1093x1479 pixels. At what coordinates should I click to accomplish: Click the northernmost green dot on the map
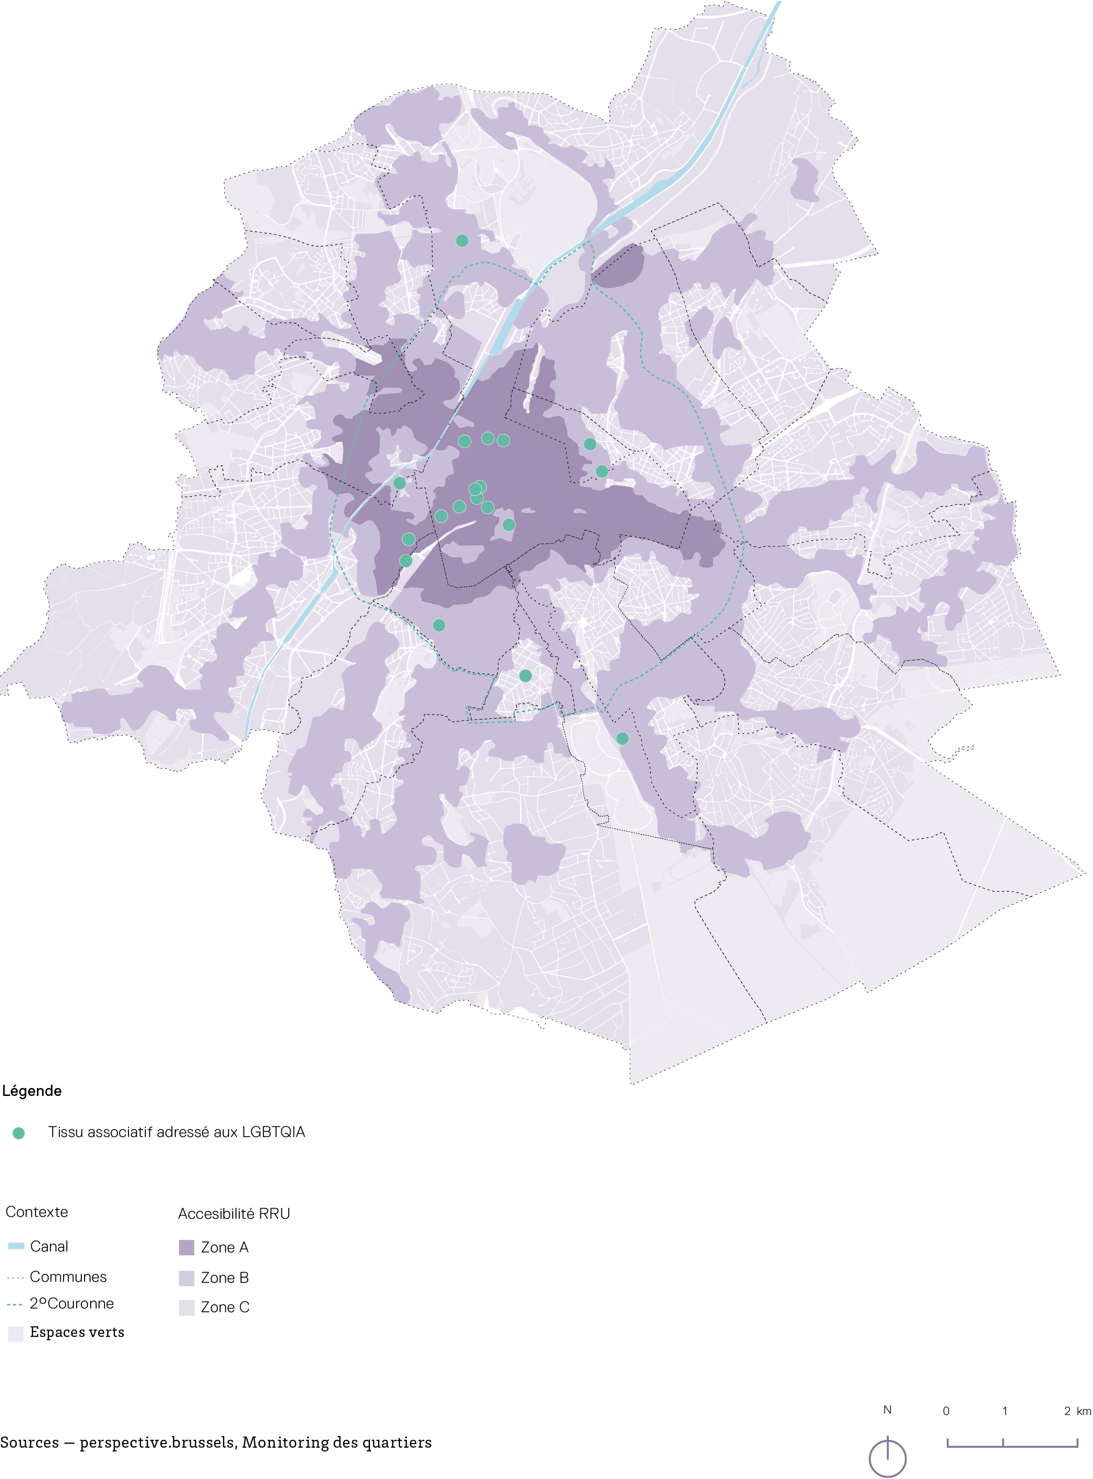coord(462,241)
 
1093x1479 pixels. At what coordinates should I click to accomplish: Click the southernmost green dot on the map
coord(622,738)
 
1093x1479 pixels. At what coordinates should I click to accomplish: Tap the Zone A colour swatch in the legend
coord(186,1247)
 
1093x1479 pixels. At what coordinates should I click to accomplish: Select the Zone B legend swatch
coord(186,1278)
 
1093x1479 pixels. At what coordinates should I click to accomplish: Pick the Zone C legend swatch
coord(186,1308)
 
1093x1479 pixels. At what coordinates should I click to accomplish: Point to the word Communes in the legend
coord(68,1277)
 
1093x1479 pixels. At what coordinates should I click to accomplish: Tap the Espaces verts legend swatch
coord(16,1333)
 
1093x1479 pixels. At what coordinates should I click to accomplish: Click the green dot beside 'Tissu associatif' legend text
coord(19,1133)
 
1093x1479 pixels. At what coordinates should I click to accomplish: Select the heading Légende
coord(32,1091)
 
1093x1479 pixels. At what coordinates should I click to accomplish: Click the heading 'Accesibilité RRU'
coord(234,1214)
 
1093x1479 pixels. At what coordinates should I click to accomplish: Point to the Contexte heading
coord(36,1212)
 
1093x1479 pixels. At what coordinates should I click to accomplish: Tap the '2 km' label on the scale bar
coord(1077,1411)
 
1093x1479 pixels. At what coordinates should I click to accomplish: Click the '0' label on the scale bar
coord(946,1411)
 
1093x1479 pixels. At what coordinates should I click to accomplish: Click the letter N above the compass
coord(887,1409)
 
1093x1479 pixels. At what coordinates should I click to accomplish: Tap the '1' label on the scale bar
coord(1004,1411)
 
